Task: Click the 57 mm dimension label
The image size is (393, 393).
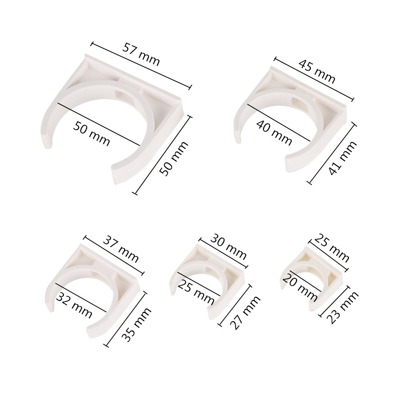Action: pos(141,55)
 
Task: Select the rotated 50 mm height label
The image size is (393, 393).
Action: pos(174,158)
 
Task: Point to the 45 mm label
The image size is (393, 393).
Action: pos(317,71)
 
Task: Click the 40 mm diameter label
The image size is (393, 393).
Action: pos(274,133)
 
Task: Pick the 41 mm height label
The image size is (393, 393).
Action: pos(342,158)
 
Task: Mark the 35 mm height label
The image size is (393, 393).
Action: pos(137,325)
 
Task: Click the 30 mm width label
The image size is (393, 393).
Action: pos(228,247)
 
